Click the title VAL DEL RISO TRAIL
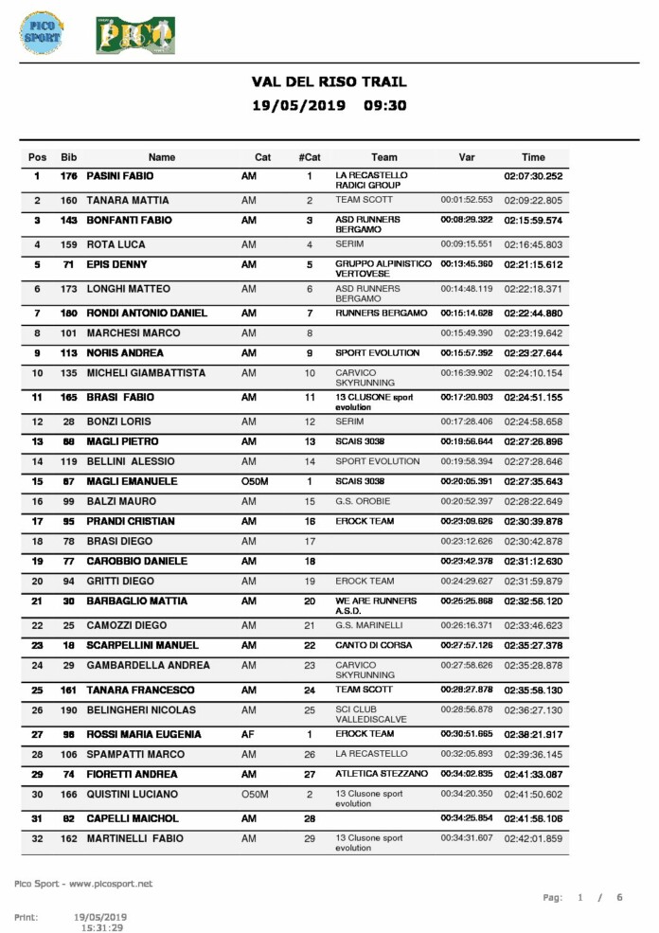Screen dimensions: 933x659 click(329, 82)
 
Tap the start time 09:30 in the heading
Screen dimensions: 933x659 click(385, 105)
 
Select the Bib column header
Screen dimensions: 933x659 click(69, 157)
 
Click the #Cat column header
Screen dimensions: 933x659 click(309, 157)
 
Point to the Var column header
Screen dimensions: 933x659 click(466, 157)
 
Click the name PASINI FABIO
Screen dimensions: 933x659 click(119, 176)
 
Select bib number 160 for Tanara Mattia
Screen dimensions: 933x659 click(68, 201)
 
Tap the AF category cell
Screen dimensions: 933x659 click(248, 734)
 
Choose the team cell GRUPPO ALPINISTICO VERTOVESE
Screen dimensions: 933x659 click(383, 269)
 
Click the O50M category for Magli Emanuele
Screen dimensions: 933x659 click(256, 481)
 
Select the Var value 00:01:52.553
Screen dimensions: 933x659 click(467, 201)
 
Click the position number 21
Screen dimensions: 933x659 click(37, 601)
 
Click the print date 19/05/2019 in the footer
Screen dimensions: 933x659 click(99, 917)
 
